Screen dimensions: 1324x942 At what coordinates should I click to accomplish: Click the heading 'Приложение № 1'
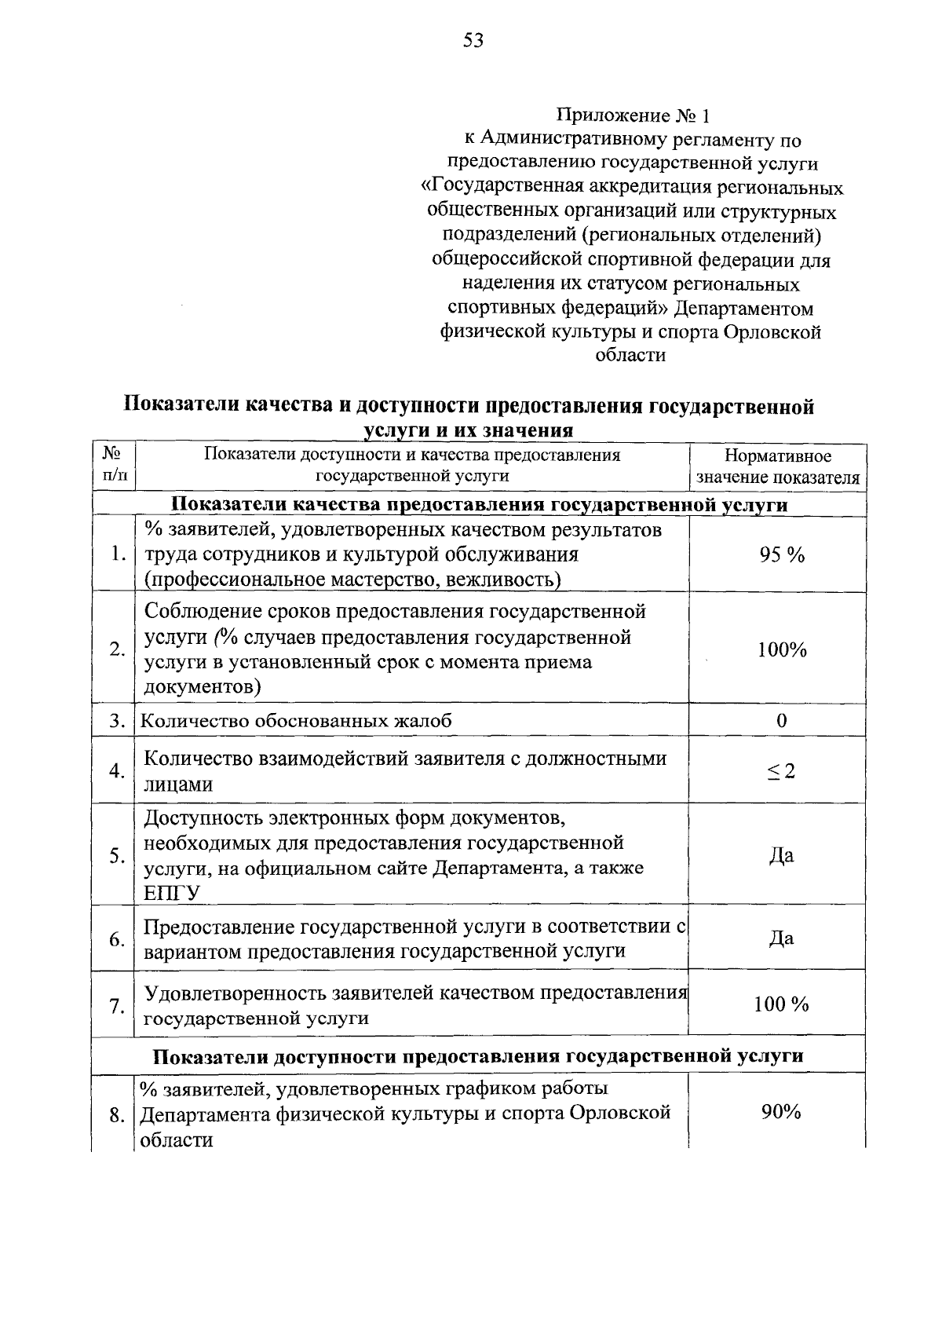pyautogui.click(x=633, y=117)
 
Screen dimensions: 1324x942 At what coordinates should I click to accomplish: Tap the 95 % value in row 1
pyautogui.click(x=781, y=555)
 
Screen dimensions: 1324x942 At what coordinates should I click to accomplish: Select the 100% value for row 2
pyautogui.click(x=781, y=649)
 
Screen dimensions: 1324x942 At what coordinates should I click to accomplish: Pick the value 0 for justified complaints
pyautogui.click(x=781, y=720)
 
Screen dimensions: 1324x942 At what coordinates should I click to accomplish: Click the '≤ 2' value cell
pyautogui.click(x=781, y=771)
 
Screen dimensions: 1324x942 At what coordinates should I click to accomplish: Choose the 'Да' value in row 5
pyautogui.click(x=781, y=855)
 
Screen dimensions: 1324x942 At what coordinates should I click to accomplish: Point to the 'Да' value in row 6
pyautogui.click(x=781, y=938)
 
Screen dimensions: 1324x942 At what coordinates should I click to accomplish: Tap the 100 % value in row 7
pyautogui.click(x=781, y=1004)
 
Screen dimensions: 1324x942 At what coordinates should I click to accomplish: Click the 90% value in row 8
pyautogui.click(x=780, y=1112)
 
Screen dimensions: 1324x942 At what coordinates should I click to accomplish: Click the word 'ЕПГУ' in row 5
pyautogui.click(x=172, y=893)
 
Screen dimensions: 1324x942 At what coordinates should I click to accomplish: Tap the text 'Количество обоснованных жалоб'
pyautogui.click(x=296, y=721)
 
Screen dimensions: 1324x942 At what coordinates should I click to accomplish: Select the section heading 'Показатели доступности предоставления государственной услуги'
pyautogui.click(x=477, y=1056)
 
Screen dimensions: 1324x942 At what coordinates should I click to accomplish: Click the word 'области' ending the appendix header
pyautogui.click(x=630, y=356)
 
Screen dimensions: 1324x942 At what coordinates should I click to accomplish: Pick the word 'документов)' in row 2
pyautogui.click(x=203, y=687)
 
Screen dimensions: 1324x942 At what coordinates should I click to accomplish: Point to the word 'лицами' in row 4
pyautogui.click(x=178, y=785)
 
